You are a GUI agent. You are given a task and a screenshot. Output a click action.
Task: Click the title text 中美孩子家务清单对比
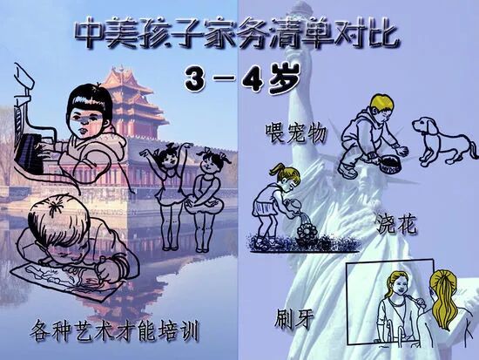tap(237, 34)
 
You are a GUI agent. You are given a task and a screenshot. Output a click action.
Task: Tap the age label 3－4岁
tap(242, 79)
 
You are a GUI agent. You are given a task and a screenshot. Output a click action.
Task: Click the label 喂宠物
tap(296, 132)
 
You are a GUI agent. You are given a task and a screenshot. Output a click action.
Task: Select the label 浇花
tap(396, 224)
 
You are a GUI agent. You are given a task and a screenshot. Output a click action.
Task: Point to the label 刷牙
tap(294, 319)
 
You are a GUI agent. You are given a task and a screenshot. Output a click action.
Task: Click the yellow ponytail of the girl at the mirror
tap(443, 294)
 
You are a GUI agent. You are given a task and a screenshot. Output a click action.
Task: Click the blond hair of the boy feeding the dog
tap(381, 102)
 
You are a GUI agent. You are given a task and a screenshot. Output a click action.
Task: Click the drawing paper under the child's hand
tap(58, 278)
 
